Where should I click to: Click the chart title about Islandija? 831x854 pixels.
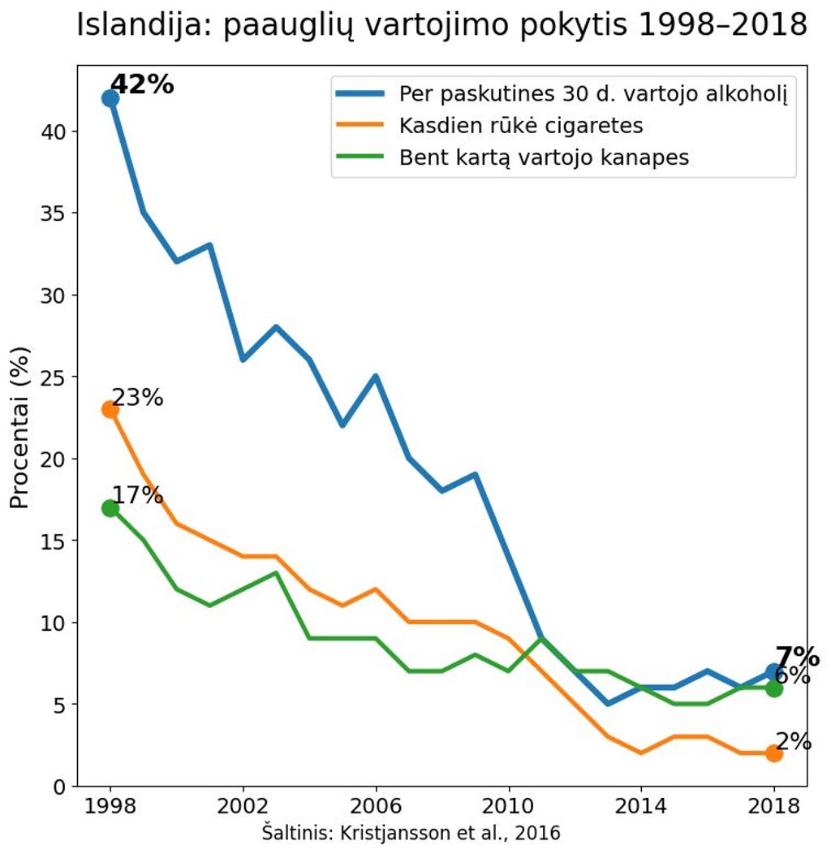point(441,26)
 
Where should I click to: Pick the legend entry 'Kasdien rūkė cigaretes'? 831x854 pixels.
point(520,126)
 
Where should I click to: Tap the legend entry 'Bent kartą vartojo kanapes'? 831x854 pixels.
point(543,157)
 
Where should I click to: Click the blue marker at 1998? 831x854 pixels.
point(110,98)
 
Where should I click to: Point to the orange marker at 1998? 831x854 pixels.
point(110,409)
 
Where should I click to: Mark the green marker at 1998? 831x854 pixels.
point(110,508)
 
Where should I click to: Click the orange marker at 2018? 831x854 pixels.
point(774,753)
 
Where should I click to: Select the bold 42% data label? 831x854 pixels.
point(142,84)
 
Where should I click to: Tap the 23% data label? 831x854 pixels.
point(137,398)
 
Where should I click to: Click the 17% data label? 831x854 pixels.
point(137,495)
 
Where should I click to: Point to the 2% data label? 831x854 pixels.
point(793,741)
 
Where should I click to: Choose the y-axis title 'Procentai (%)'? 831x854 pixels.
point(19,428)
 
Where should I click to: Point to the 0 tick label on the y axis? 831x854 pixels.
point(59,787)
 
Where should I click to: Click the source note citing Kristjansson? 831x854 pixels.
point(411,833)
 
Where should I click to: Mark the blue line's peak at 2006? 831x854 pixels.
point(376,377)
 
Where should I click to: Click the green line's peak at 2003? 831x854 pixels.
point(276,573)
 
